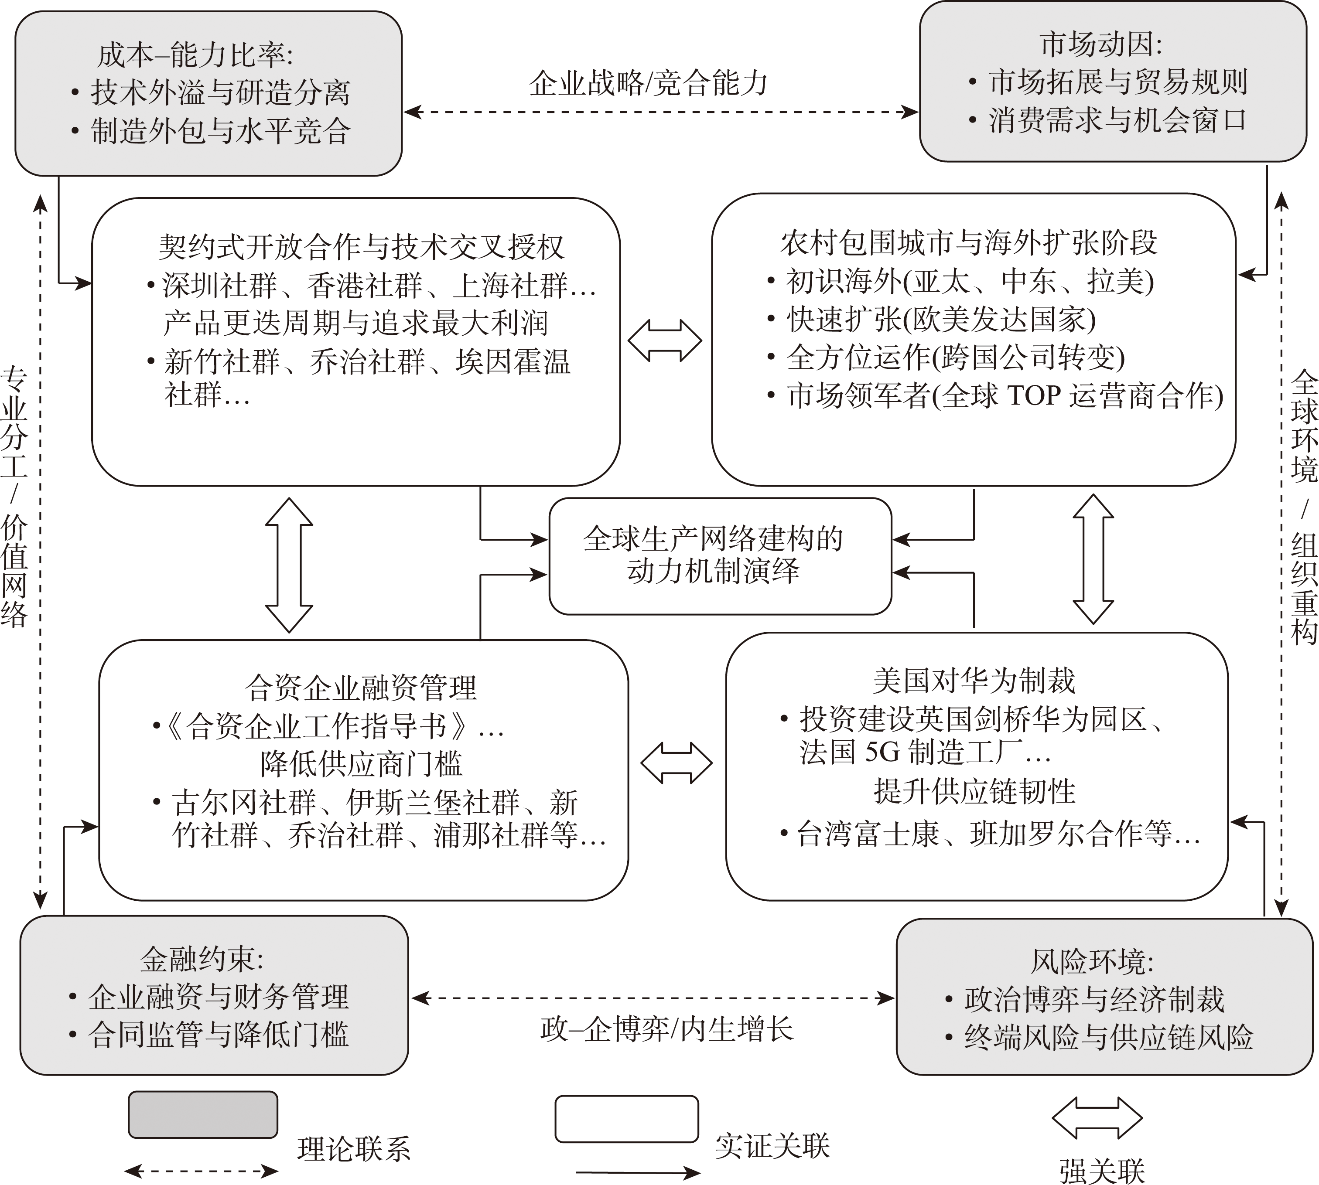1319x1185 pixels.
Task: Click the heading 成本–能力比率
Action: [195, 56]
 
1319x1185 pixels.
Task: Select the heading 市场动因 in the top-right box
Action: [1101, 45]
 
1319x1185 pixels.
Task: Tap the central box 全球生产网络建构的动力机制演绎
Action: [713, 555]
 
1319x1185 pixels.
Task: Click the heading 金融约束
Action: [202, 959]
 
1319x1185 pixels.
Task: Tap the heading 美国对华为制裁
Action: [974, 681]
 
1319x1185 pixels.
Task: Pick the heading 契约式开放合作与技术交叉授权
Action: [362, 247]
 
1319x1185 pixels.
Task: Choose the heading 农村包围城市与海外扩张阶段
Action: [969, 243]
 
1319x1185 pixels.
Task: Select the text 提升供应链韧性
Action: [974, 791]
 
